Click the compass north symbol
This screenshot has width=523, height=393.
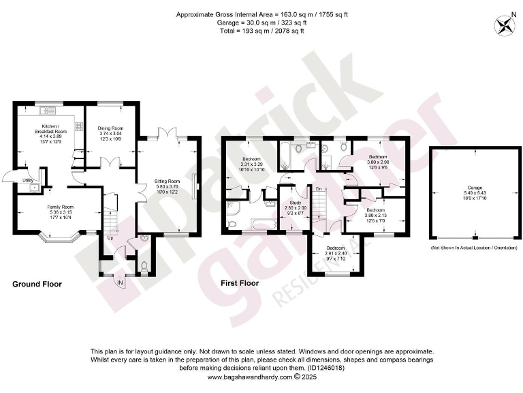coord(505,25)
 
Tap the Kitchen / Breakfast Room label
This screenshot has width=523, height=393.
coord(49,129)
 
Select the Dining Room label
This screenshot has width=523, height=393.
coord(110,128)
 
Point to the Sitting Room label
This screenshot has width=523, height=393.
coord(166,181)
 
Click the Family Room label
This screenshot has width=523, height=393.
coord(61,207)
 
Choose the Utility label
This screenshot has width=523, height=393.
coord(28,180)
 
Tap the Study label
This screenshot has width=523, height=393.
coord(295,203)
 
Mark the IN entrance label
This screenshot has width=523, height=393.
coord(121,281)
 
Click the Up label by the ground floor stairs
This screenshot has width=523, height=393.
coord(110,238)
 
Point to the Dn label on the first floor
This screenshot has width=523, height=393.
coord(319,188)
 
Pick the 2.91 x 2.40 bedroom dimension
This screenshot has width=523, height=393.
coord(335,253)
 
